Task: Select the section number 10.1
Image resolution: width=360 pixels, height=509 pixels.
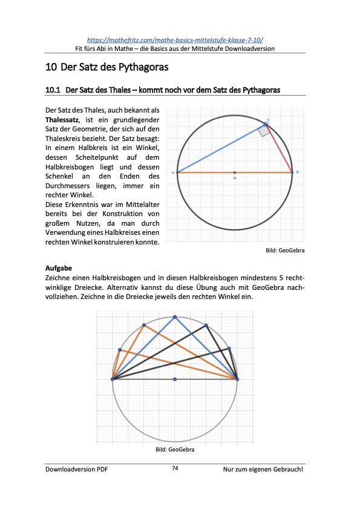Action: pos(53,90)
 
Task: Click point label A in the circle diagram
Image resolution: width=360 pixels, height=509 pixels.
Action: pos(173,172)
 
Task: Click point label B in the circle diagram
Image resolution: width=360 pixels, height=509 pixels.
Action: pos(297,172)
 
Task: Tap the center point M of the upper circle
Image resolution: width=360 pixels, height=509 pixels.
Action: pos(235,172)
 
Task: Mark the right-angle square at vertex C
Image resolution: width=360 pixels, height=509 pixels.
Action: pos(264,130)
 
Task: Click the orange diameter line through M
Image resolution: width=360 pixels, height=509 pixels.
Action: pos(206,172)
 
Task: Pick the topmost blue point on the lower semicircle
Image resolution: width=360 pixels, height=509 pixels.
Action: pos(175,317)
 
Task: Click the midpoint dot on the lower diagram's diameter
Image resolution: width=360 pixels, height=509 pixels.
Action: pos(175,379)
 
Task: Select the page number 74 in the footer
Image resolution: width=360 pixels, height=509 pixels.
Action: pos(175,468)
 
